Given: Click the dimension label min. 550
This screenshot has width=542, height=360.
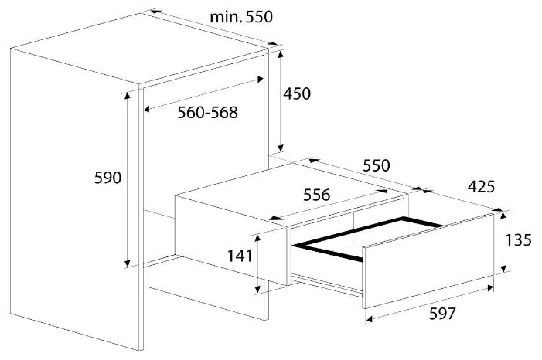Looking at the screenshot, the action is [x=241, y=16].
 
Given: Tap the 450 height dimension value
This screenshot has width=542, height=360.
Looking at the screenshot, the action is [x=297, y=93].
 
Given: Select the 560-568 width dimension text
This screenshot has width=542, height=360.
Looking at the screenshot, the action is [x=208, y=113].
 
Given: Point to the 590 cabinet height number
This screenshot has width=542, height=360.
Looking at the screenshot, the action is [x=107, y=178].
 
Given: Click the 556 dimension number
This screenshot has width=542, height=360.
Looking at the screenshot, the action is [x=317, y=195].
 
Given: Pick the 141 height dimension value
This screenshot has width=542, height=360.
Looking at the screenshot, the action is [x=240, y=256].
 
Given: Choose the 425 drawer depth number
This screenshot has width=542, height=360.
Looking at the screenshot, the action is [x=481, y=186].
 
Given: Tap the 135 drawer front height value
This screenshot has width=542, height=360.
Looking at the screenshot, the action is [x=518, y=239].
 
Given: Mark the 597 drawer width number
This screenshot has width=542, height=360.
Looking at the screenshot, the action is [x=442, y=314].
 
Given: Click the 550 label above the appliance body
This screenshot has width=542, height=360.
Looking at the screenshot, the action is [x=377, y=165].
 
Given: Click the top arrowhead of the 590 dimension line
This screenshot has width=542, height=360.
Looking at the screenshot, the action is [x=128, y=96].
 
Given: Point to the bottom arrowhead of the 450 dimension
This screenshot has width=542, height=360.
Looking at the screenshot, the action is [x=281, y=148].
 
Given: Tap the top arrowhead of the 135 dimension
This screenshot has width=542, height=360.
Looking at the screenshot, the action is [x=503, y=216].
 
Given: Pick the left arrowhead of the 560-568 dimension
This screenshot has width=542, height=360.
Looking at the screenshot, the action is [x=147, y=110].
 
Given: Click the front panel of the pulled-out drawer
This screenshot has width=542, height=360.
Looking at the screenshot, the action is [x=428, y=260].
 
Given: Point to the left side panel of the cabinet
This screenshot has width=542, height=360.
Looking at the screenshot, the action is [x=75, y=199].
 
